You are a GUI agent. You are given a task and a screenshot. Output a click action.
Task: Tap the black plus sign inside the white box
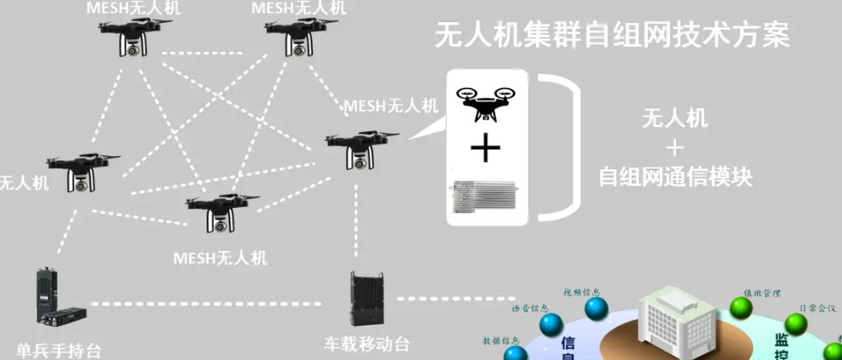click(x=485, y=149)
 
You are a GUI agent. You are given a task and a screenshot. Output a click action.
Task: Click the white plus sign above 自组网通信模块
click(x=675, y=148)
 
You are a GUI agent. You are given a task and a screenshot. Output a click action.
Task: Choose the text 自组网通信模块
click(x=675, y=177)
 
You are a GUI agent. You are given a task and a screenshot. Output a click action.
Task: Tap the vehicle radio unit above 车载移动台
click(x=367, y=301)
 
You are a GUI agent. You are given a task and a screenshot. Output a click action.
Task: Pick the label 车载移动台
click(x=367, y=343)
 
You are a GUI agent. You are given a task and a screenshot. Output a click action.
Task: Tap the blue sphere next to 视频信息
click(x=596, y=310)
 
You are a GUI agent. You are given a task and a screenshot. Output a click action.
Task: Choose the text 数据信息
click(x=500, y=340)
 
